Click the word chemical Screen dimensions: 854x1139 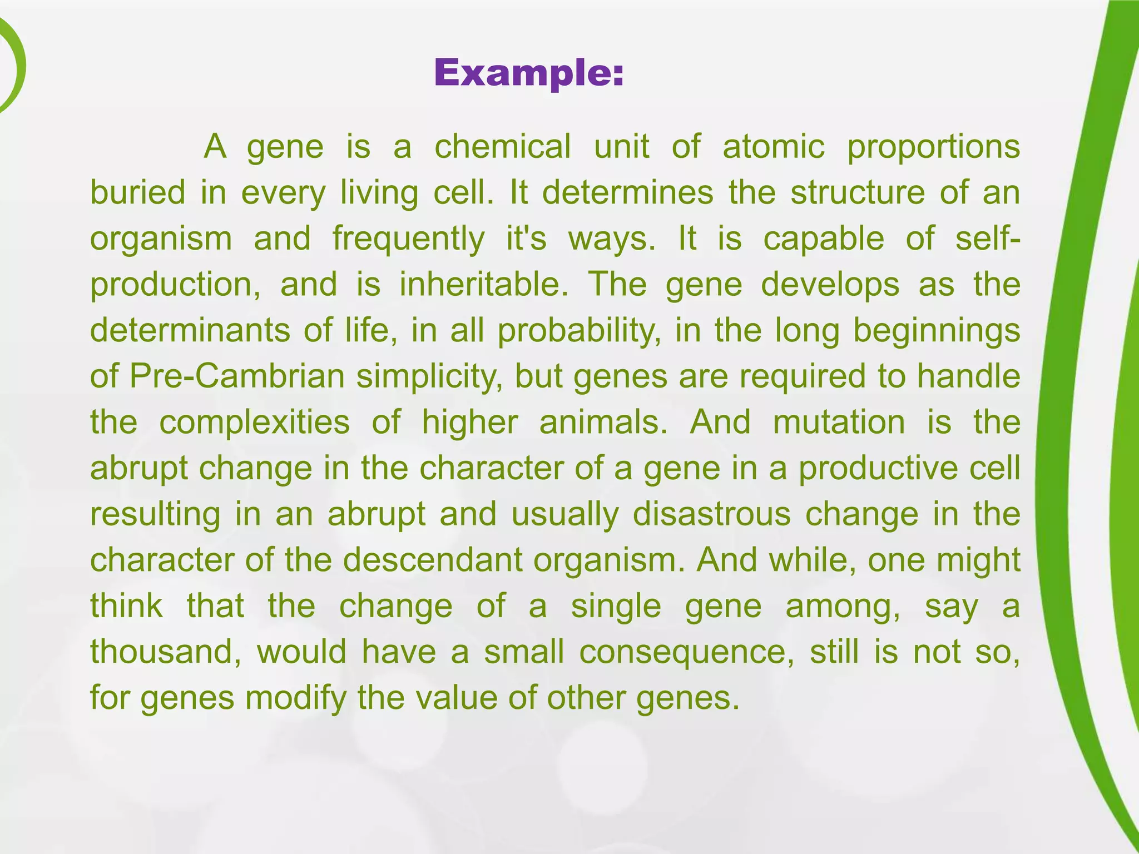coord(502,147)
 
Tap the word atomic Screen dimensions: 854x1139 coord(773,147)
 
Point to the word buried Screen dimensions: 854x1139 coord(137,193)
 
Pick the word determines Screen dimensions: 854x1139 coord(627,193)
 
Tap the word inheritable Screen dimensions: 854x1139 coord(483,285)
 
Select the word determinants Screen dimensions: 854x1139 coord(190,331)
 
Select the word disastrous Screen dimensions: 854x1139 coord(711,515)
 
